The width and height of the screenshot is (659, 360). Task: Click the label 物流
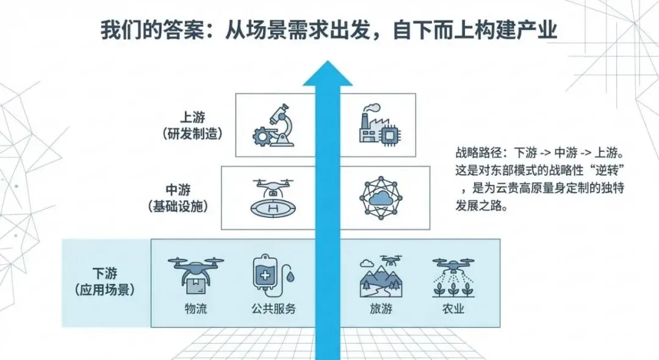click(x=195, y=309)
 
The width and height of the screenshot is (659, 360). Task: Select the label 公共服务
click(x=273, y=309)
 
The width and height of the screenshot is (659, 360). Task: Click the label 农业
click(x=453, y=309)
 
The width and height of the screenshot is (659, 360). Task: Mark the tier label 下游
click(x=104, y=273)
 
